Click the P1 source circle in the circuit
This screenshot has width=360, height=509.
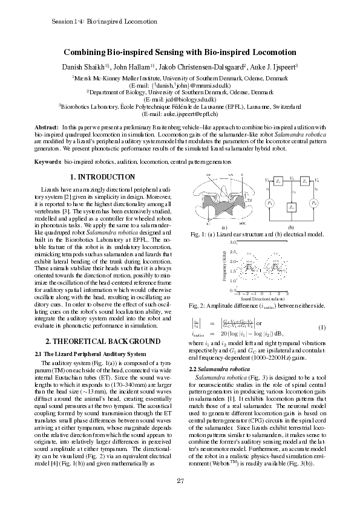pos(270,203)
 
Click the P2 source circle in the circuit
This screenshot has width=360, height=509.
pos(314,203)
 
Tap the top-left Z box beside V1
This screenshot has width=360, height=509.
pos(278,181)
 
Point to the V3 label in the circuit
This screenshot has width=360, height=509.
pos(292,178)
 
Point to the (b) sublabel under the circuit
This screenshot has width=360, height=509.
pos(292,226)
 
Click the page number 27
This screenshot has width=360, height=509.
pos(180,481)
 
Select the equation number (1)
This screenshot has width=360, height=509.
pos(322,328)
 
